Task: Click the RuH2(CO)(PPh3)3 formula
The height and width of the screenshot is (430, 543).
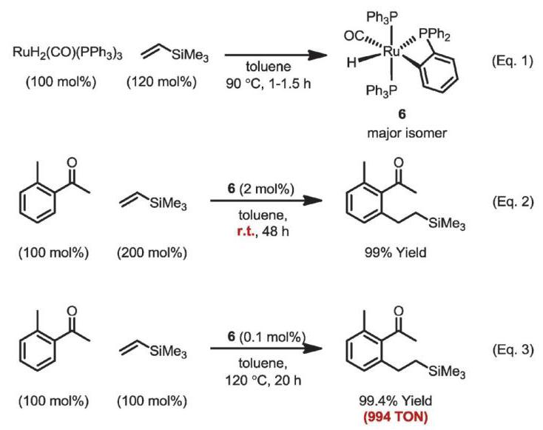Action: pos(67,53)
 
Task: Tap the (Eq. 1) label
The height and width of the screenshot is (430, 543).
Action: pos(513,61)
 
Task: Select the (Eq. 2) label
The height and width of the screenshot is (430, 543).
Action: pos(513,201)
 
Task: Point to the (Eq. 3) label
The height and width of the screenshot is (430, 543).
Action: pos(513,349)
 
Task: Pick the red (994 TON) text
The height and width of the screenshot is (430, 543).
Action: pos(396,417)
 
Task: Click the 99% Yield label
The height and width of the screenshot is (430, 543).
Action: pos(395,252)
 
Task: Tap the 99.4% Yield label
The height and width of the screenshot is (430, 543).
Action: pos(396,400)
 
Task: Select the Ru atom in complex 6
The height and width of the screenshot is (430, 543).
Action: pos(391,52)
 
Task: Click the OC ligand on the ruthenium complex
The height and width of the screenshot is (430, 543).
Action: pos(354,36)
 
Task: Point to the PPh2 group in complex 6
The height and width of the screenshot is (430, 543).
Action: pos(434,34)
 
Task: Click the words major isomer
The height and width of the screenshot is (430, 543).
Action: pos(407,132)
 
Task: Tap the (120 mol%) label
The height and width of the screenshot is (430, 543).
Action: pos(161,82)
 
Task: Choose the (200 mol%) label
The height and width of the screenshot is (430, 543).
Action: pos(152,252)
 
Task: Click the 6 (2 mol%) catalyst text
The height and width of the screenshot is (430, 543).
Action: pos(260,189)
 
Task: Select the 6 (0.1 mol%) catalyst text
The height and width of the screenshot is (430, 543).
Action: pos(266,337)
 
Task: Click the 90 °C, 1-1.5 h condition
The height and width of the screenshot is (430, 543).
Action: pos(269,83)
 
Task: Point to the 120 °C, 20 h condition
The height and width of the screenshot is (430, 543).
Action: pos(263,380)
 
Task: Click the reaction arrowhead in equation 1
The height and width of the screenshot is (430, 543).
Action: pos(318,55)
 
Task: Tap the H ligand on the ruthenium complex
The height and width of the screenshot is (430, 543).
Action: pos(351,63)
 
